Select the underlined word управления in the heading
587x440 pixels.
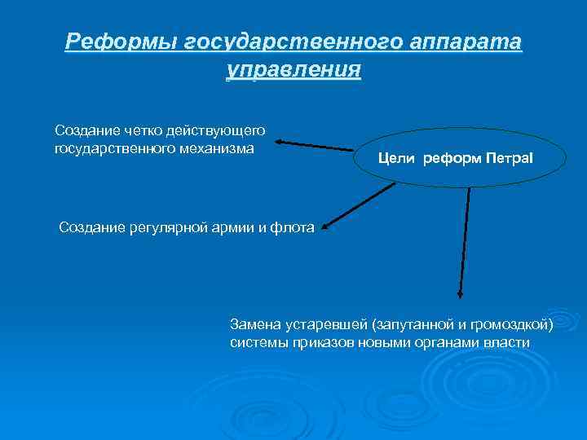click(293, 68)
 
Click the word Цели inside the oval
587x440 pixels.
click(396, 156)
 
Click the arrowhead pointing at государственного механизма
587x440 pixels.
click(278, 142)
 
